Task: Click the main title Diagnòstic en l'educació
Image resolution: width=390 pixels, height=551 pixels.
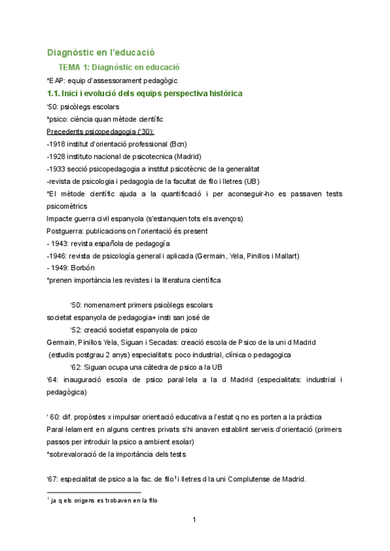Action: [x=100, y=52]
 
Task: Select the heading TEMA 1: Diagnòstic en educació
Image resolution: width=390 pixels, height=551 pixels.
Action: [x=118, y=67]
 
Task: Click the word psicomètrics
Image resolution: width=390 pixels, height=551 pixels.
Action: [x=67, y=206]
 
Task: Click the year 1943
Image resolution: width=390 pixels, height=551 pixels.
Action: [x=62, y=243]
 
